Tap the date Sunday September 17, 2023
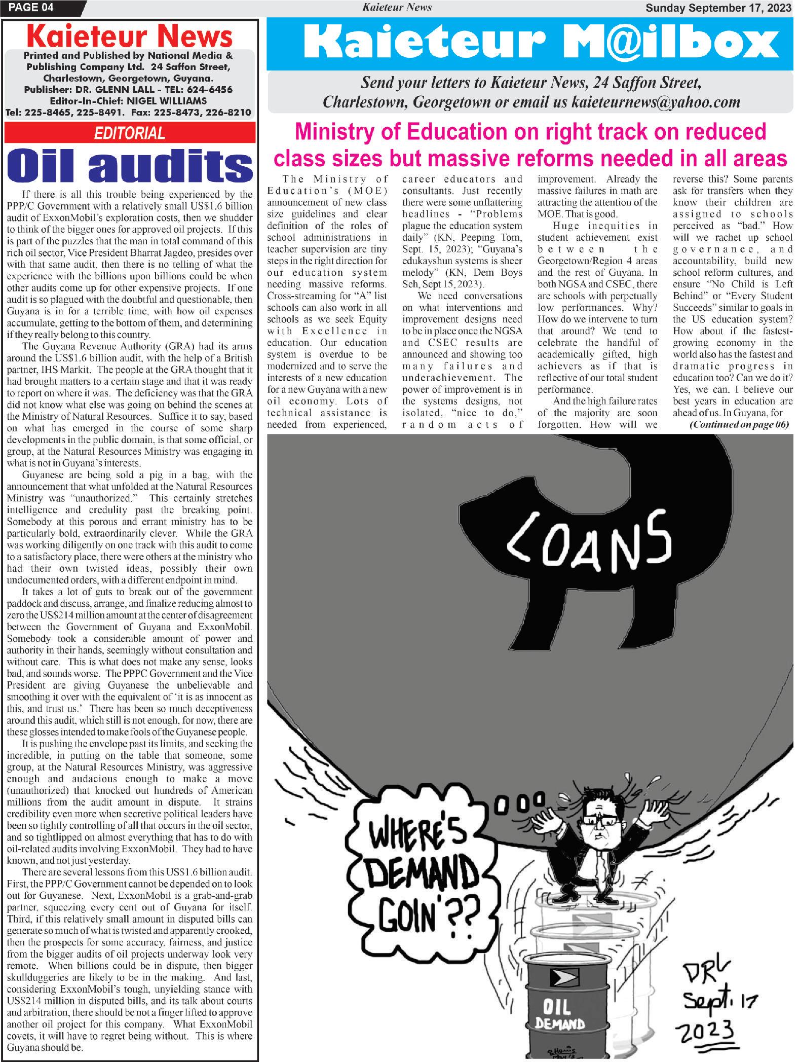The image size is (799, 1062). (717, 7)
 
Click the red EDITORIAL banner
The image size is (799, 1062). (130, 133)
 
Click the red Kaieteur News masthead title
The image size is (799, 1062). (130, 38)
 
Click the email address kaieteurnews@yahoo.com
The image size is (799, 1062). (656, 102)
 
